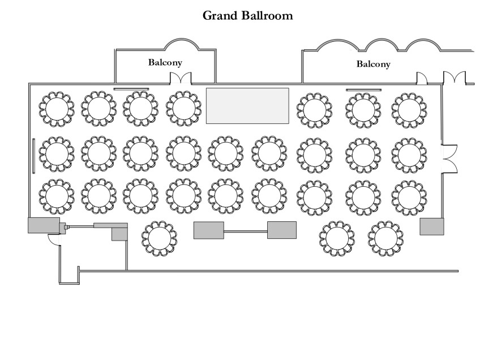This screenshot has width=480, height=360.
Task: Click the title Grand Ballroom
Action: [x=248, y=16]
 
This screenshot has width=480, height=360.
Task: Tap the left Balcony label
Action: [x=165, y=62]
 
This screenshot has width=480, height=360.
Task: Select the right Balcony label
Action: [x=373, y=65]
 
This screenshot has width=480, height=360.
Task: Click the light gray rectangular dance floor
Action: [x=247, y=105]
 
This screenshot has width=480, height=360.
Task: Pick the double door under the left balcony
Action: [x=182, y=78]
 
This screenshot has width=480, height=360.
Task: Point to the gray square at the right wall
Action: [x=432, y=226]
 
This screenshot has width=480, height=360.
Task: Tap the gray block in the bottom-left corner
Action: [x=44, y=225]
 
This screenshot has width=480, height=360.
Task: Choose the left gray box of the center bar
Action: [x=208, y=230]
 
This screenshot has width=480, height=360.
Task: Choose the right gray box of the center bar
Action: [x=282, y=230]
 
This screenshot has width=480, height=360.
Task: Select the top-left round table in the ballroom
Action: [x=57, y=109]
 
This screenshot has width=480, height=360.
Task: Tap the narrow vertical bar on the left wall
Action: [x=34, y=155]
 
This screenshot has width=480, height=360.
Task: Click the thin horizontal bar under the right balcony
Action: [x=363, y=89]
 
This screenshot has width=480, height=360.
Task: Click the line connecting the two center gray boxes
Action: [x=245, y=231]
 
